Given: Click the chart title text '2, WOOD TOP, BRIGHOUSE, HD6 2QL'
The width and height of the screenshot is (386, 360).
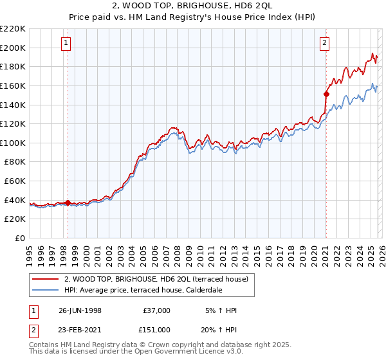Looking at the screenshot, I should pyautogui.click(x=192, y=5).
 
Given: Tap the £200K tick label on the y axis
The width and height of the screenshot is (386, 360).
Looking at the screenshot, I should pyautogui.click(x=13, y=48).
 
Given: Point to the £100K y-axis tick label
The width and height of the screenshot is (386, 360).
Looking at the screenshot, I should pyautogui.click(x=13, y=143).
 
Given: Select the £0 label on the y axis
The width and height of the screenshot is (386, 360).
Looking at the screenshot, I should pyautogui.click(x=19, y=239).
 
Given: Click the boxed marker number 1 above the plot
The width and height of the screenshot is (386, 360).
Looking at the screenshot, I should pyautogui.click(x=68, y=43).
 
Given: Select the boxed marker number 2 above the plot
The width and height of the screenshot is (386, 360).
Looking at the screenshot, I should pyautogui.click(x=325, y=43).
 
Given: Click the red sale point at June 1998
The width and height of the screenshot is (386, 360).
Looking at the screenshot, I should pyautogui.click(x=68, y=203).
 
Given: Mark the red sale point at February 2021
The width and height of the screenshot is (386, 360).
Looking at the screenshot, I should pyautogui.click(x=326, y=94).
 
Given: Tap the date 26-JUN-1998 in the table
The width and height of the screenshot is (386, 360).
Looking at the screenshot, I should pyautogui.click(x=80, y=310).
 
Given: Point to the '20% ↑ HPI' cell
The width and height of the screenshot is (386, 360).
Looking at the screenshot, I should pyautogui.click(x=219, y=330).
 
